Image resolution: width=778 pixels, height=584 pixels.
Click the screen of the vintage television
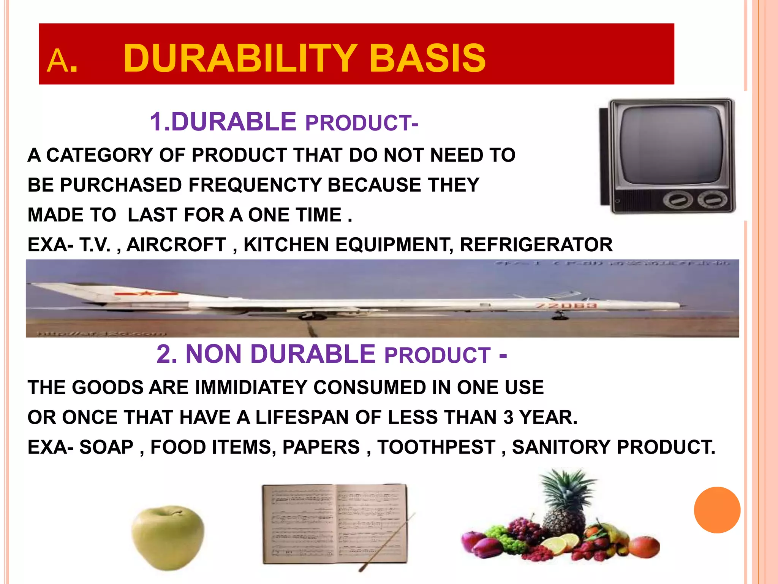click(670, 145)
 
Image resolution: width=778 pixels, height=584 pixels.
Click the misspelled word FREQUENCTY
click(255, 185)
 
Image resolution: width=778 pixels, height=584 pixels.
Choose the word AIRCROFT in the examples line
click(176, 244)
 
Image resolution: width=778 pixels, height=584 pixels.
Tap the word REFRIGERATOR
click(536, 244)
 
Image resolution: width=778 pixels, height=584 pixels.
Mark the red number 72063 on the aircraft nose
click(566, 306)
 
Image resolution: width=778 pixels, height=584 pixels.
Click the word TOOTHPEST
click(436, 447)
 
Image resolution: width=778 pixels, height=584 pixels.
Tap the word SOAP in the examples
click(106, 447)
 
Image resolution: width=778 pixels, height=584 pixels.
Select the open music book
click(334, 525)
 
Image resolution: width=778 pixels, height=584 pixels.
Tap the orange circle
click(717, 510)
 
